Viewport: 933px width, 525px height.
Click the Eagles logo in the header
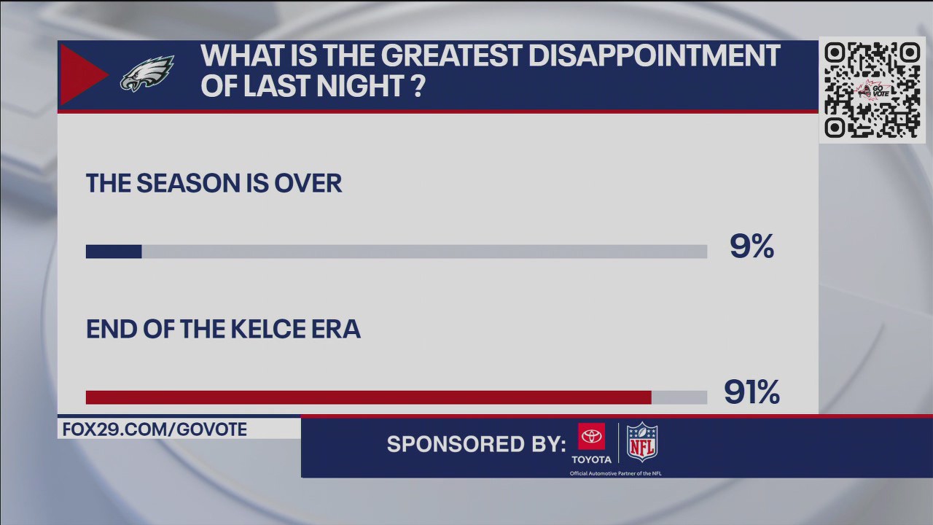pyautogui.click(x=147, y=74)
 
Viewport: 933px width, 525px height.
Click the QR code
pyautogui.click(x=872, y=90)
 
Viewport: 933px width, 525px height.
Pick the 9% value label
pyautogui.click(x=752, y=248)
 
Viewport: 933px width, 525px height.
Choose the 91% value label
pyautogui.click(x=752, y=393)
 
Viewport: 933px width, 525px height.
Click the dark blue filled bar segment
pyautogui.click(x=114, y=252)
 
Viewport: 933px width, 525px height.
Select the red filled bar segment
pyautogui.click(x=368, y=397)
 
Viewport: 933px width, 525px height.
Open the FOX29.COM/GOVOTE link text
pyautogui.click(x=155, y=429)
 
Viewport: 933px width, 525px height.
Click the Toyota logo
pyautogui.click(x=591, y=443)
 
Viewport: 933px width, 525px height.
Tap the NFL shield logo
pyautogui.click(x=642, y=441)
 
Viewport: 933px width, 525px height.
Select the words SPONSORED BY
pyautogui.click(x=476, y=444)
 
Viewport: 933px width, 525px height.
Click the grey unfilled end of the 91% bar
pyautogui.click(x=679, y=397)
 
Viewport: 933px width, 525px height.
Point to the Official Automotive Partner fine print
pyautogui.click(x=615, y=473)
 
